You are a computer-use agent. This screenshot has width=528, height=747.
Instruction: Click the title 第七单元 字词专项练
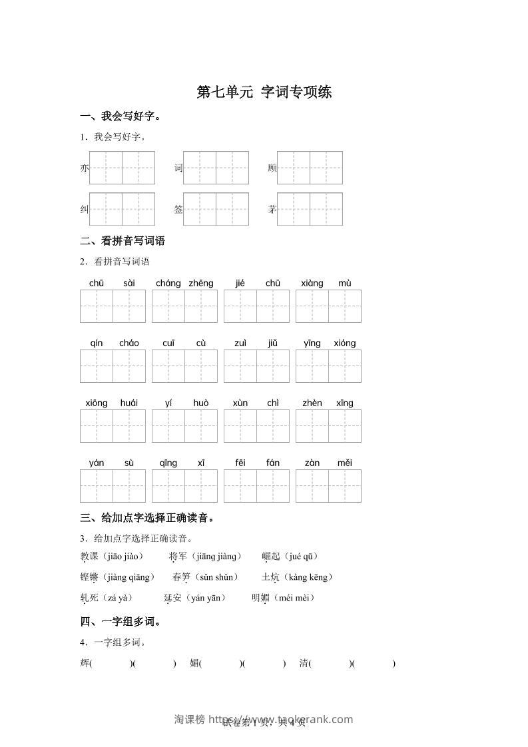tap(264, 93)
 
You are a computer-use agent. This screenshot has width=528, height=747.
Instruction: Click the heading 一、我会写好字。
tap(121, 117)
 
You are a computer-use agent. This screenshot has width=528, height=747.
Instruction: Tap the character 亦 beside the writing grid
tap(84, 168)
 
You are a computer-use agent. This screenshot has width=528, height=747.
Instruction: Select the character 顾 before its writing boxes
tap(272, 168)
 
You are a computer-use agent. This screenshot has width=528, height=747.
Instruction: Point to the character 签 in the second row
tap(178, 210)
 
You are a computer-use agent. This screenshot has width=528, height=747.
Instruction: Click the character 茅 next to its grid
tap(272, 210)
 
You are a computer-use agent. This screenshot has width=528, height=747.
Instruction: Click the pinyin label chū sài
tap(113, 283)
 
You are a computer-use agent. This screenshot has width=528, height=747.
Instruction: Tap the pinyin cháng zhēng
tap(184, 283)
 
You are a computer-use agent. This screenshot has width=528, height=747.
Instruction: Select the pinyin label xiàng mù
tap(328, 283)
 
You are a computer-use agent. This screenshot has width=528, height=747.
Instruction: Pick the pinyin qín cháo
tap(113, 343)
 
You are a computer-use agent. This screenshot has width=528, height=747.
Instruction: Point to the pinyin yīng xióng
tap(328, 343)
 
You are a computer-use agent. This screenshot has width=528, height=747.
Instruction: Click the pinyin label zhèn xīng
tap(328, 403)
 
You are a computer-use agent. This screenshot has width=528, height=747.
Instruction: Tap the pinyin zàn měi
tap(328, 463)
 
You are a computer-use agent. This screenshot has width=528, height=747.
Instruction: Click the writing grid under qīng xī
tap(184, 486)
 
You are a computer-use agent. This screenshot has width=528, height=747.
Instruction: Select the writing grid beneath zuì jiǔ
tap(256, 366)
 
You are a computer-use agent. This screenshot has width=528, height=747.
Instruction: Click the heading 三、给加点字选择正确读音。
tap(147, 518)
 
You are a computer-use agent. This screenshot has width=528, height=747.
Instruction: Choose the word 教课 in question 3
tap(89, 557)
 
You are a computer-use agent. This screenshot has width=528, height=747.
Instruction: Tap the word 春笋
tap(181, 577)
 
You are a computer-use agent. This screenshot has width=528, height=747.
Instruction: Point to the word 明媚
tap(260, 598)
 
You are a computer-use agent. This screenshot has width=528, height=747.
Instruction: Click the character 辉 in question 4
tap(84, 663)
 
